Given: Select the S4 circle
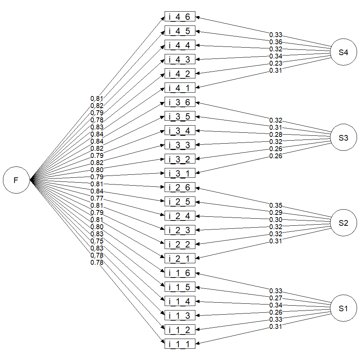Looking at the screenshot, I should pyautogui.click(x=343, y=52).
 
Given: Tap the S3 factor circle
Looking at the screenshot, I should pyautogui.click(x=343, y=138).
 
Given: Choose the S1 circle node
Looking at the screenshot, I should pyautogui.click(x=343, y=309).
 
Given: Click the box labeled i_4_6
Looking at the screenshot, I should pyautogui.click(x=180, y=17).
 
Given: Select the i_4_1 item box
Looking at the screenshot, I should pyautogui.click(x=180, y=88).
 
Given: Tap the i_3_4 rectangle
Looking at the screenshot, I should pyautogui.click(x=180, y=131).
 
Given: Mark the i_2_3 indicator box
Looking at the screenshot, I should pyautogui.click(x=180, y=230).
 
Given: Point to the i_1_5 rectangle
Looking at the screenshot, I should pyautogui.click(x=180, y=287).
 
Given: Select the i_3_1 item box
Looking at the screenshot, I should pyautogui.click(x=180, y=174).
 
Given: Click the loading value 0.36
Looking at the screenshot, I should pyautogui.click(x=276, y=42).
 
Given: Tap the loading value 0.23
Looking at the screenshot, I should pyautogui.click(x=276, y=63).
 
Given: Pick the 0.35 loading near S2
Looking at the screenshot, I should pyautogui.click(x=276, y=205).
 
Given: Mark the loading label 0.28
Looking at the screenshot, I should pyautogui.click(x=276, y=135).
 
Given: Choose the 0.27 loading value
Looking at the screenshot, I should pyautogui.click(x=276, y=298).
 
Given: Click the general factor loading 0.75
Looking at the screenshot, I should pyautogui.click(x=97, y=241).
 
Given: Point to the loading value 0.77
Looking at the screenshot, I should pyautogui.click(x=97, y=198).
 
